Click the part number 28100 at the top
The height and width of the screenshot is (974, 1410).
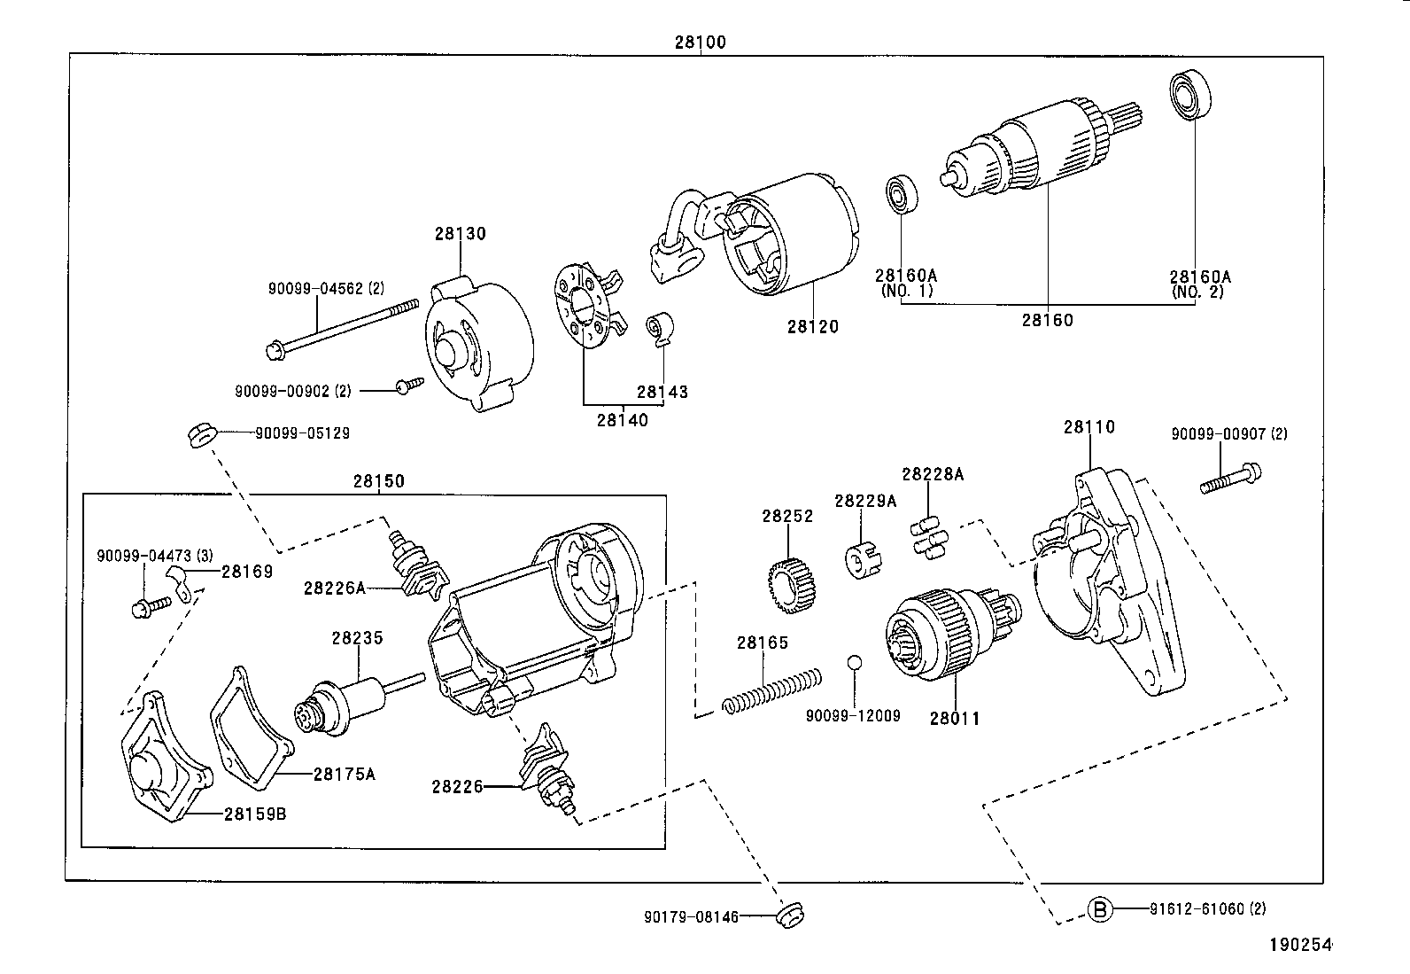click(x=700, y=42)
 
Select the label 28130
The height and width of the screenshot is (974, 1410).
click(x=460, y=234)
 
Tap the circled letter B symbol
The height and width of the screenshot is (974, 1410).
click(x=1099, y=909)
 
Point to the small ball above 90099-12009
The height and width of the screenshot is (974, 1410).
click(x=854, y=663)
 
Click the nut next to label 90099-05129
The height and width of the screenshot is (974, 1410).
click(x=199, y=435)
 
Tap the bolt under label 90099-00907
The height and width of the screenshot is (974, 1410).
click(x=1232, y=478)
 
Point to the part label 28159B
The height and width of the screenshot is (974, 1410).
click(x=254, y=814)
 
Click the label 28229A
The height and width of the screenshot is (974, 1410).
click(x=864, y=501)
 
